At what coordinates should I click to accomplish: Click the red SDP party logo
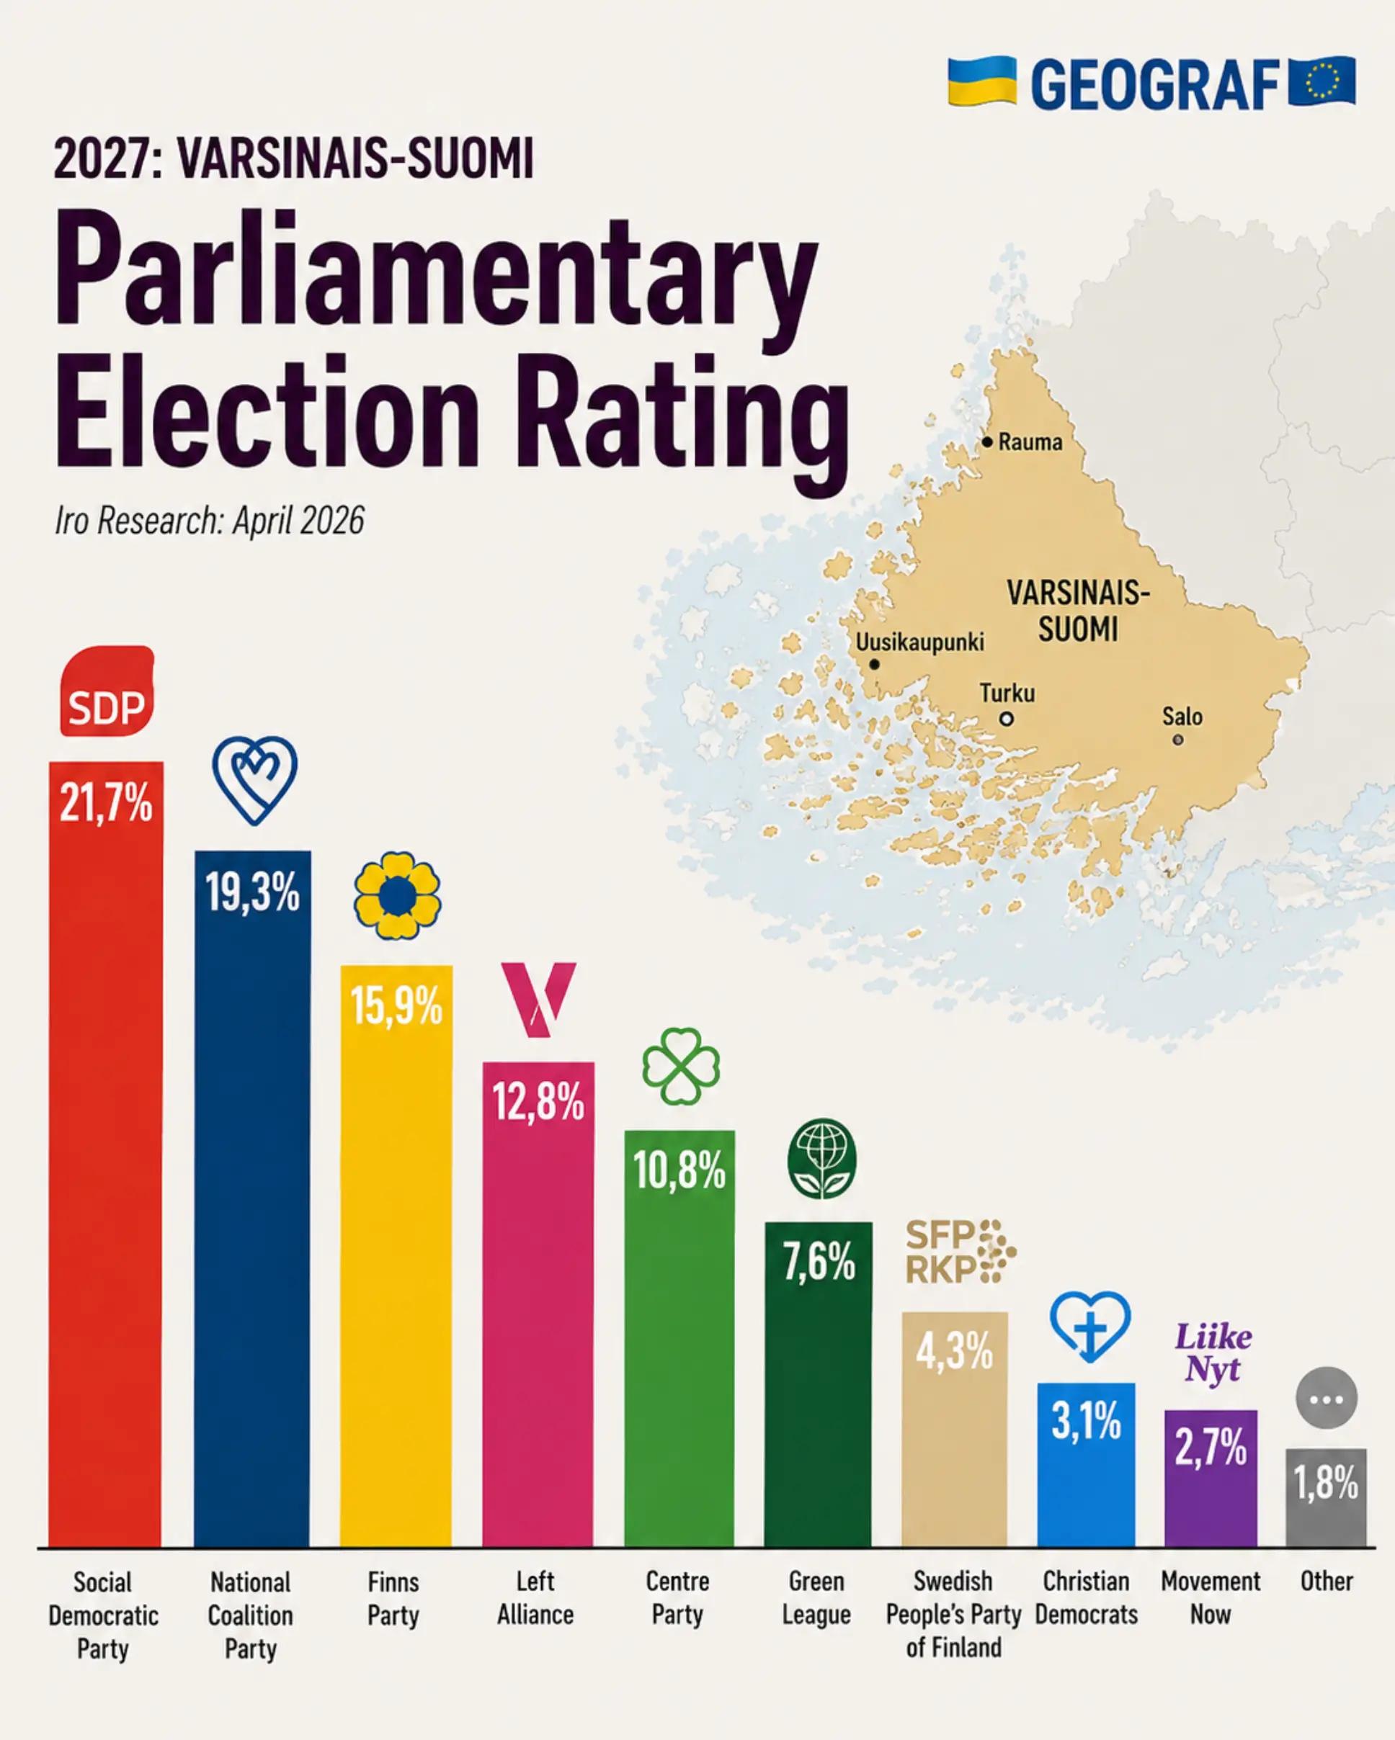point(107,691)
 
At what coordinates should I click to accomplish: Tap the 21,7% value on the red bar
point(106,804)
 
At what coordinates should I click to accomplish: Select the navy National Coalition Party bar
point(252,1198)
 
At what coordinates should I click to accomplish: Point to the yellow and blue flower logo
point(397,895)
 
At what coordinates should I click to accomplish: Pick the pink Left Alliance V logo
point(538,999)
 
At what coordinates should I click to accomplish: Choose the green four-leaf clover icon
point(680,1066)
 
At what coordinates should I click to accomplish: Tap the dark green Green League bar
point(819,1384)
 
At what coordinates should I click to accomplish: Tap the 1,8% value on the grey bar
point(1327,1483)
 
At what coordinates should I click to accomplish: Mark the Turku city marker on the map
point(1006,718)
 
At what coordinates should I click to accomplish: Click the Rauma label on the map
point(1030,442)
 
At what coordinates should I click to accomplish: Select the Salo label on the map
point(1182,717)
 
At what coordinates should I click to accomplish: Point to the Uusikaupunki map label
point(919,642)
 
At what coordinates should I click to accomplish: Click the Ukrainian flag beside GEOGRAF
point(981,81)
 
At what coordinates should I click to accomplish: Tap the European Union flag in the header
point(1322,81)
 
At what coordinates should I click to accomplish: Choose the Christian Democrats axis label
point(1086,1598)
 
